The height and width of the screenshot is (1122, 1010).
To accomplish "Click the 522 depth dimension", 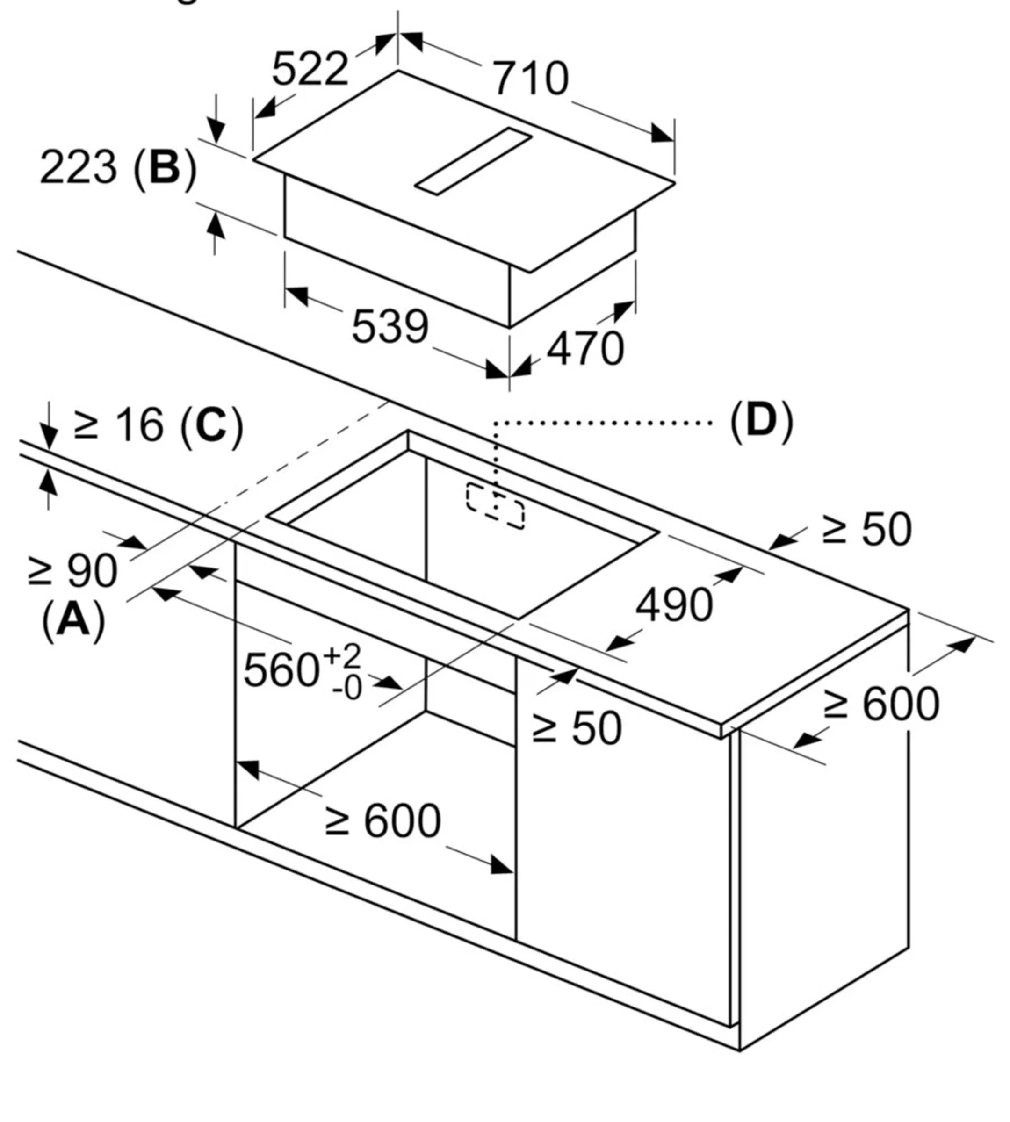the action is (310, 69).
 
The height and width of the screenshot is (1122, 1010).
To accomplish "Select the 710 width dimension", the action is (531, 78).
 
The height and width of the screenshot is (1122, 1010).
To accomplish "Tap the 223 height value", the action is (78, 167).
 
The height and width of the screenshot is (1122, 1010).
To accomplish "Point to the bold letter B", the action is (165, 167).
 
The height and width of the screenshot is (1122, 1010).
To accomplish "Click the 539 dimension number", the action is (390, 326).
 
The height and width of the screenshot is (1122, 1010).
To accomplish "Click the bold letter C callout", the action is (211, 425).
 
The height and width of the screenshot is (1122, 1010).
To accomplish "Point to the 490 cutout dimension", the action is (674, 605).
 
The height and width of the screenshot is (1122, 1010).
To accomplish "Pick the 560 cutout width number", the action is (281, 670).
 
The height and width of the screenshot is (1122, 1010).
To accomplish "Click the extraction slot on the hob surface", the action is (473, 161).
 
